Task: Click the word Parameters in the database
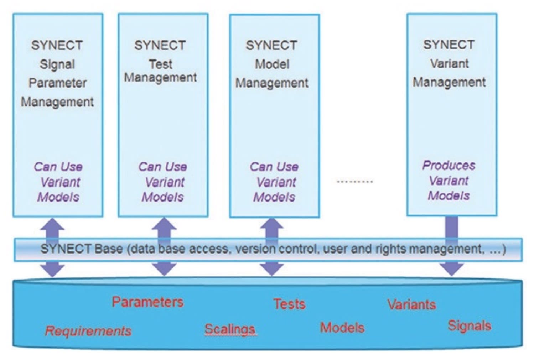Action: (147, 302)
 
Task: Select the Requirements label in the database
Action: (88, 331)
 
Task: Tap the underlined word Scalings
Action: (230, 329)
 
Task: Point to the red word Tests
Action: (289, 304)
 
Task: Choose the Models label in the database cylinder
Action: (342, 328)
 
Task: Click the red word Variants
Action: (411, 304)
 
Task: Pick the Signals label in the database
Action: (469, 325)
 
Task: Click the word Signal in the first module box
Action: (57, 64)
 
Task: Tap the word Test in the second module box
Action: (160, 64)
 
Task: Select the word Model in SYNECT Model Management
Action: (272, 64)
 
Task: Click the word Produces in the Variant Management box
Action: (449, 165)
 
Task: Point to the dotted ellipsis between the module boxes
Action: (354, 182)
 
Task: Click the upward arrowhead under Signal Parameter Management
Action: (52, 224)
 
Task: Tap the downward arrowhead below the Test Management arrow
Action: (164, 269)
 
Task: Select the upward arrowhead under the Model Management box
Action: (272, 224)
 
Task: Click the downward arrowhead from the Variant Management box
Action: (452, 269)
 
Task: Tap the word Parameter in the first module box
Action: (57, 83)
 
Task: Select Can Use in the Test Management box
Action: (162, 167)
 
